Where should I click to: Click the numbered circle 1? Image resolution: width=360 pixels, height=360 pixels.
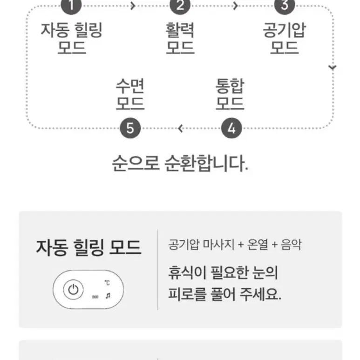point(71,6)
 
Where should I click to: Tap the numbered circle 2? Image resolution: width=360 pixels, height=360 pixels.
point(180,6)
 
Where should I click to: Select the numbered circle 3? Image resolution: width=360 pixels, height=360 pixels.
point(285,6)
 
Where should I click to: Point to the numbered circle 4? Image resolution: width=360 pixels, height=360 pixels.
point(231,128)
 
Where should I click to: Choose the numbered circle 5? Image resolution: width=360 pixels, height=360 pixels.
point(130,128)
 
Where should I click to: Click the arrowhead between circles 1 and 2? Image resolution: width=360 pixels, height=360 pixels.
point(133,6)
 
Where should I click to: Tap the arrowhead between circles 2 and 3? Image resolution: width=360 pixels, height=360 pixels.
point(235,6)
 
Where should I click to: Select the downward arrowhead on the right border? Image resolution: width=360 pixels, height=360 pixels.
point(332,67)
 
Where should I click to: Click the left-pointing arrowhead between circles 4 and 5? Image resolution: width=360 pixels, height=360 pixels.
point(180,129)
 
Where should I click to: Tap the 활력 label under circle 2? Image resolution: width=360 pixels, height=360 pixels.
point(180,30)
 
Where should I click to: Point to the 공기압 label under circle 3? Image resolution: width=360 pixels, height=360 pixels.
point(285,30)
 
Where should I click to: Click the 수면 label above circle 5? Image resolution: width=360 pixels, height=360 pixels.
point(130,86)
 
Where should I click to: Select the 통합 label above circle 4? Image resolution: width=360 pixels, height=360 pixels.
point(230,86)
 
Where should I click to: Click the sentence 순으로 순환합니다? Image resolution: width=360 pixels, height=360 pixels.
point(180,163)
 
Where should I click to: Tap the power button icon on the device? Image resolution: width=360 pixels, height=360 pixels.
point(73,290)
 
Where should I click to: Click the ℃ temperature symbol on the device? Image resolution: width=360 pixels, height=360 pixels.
point(107,283)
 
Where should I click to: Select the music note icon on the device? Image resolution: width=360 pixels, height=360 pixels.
point(108,296)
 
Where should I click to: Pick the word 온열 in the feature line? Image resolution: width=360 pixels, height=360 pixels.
point(258,245)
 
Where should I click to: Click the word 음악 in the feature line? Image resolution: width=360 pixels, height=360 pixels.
point(292,245)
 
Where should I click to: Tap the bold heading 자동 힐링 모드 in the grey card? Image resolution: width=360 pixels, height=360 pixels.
point(88,247)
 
